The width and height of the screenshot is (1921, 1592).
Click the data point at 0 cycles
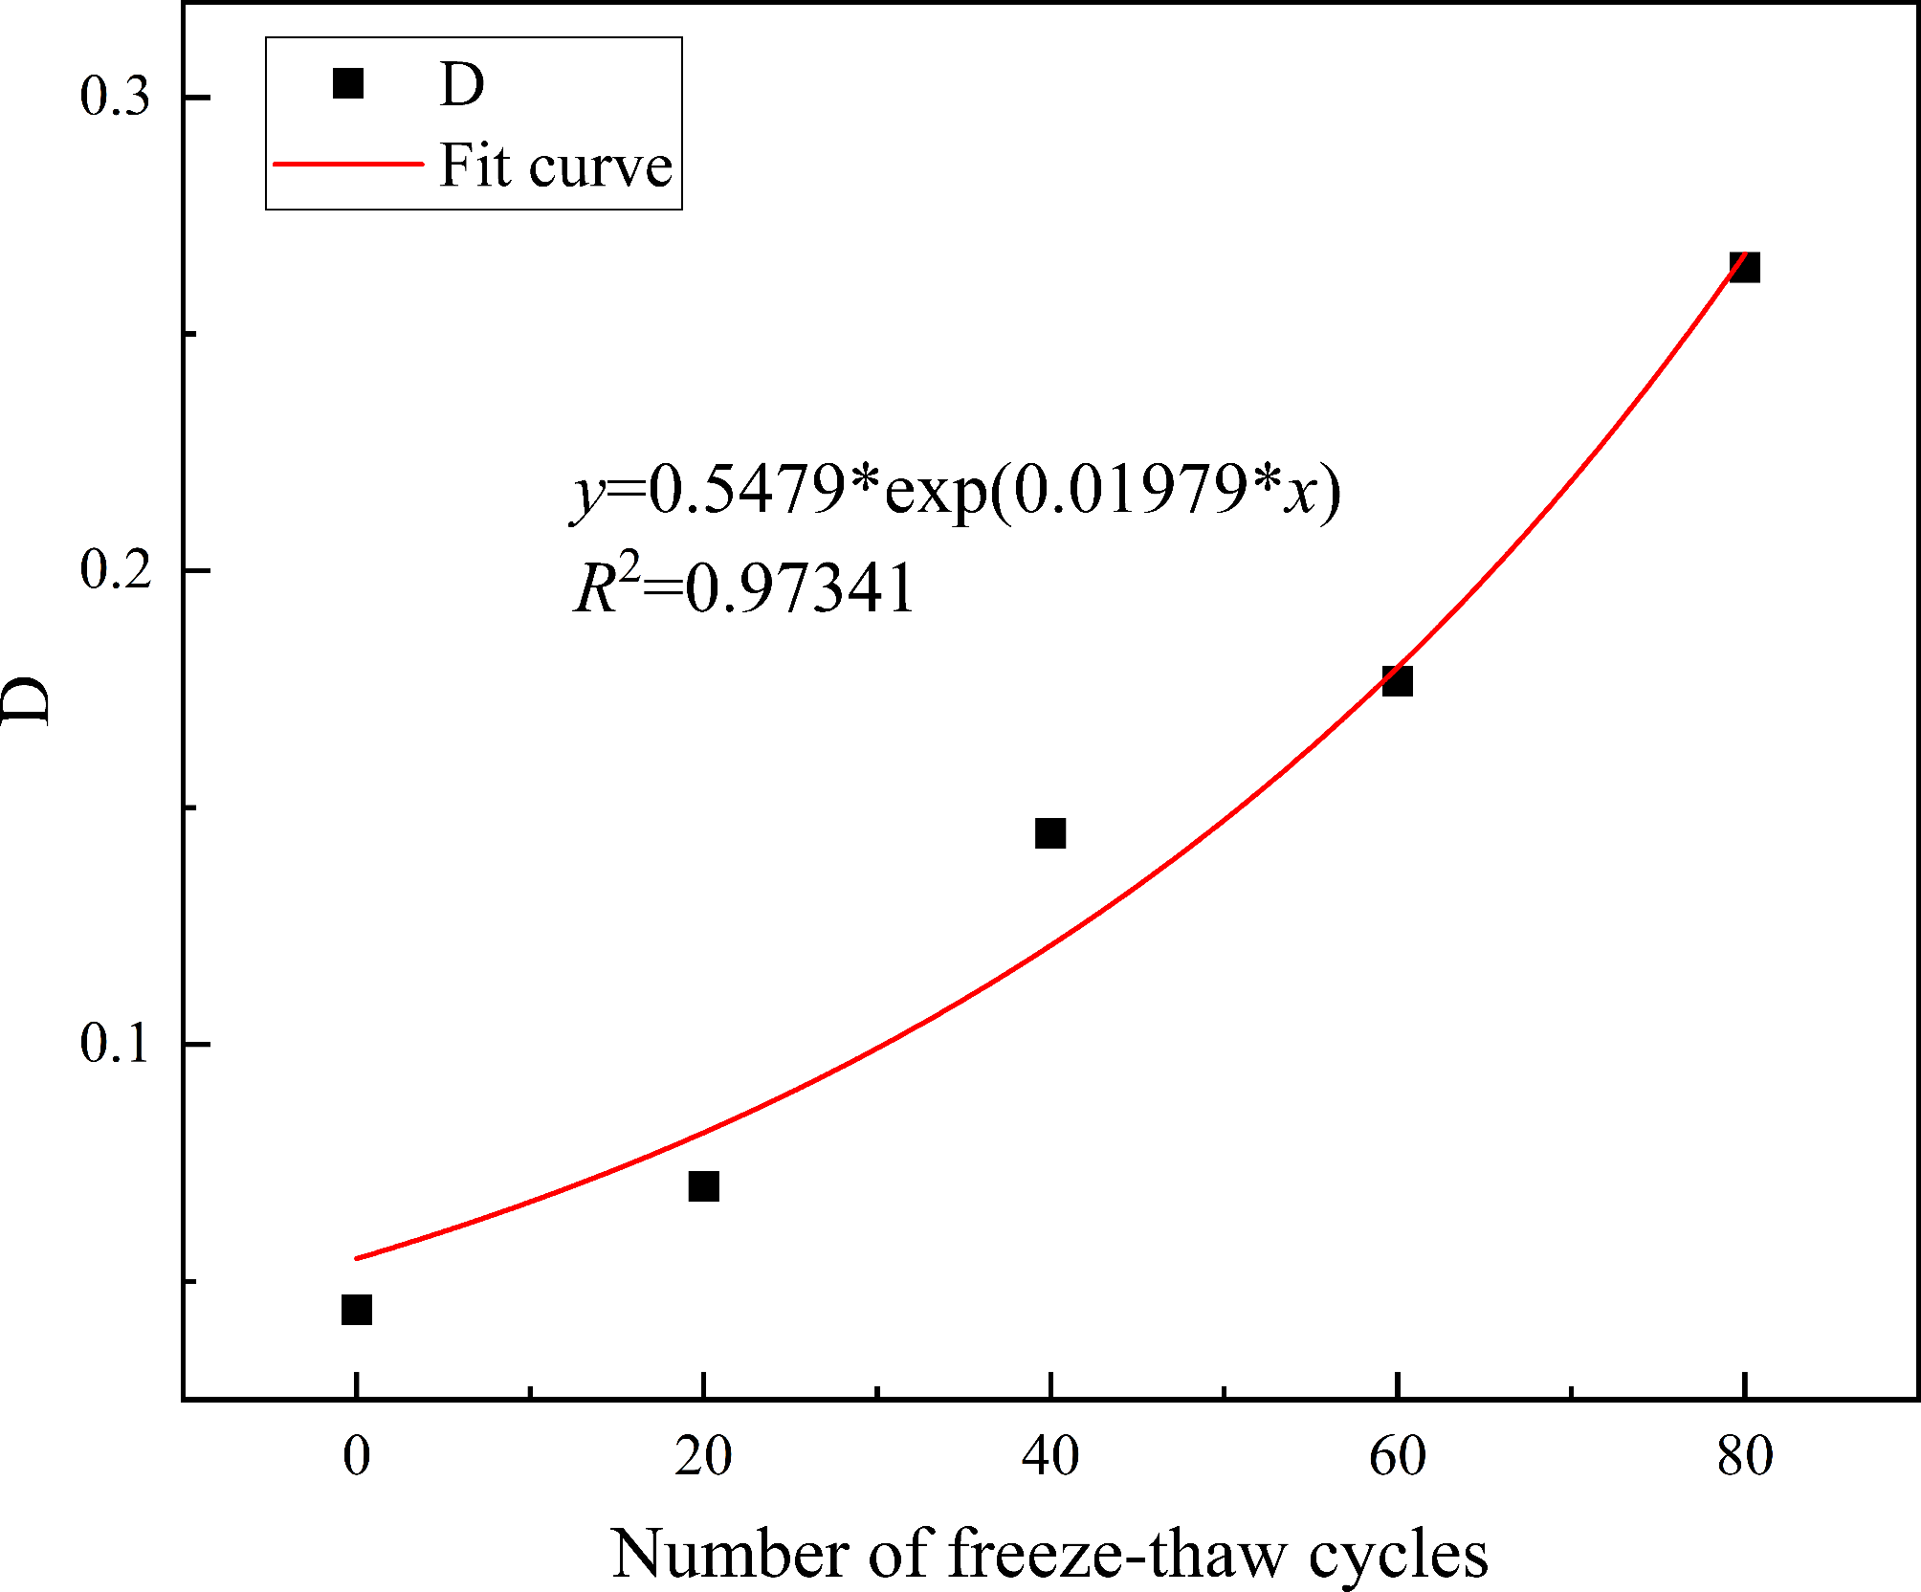pos(356,1310)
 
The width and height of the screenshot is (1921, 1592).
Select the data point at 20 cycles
pos(703,1186)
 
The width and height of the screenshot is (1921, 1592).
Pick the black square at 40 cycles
pos(1050,833)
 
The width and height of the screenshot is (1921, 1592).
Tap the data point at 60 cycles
pos(1398,681)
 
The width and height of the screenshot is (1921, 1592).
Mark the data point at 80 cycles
pos(1745,268)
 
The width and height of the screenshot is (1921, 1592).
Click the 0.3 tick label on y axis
pos(115,97)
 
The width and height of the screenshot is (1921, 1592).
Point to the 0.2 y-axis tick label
pos(115,570)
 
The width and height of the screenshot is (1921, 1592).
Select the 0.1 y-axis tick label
pos(115,1043)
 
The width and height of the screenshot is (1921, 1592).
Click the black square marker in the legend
pos(348,83)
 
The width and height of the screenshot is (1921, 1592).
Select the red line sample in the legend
pos(348,165)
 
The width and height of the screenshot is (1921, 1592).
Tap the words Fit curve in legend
pos(555,166)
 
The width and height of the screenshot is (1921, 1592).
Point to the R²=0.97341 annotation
pos(744,586)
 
